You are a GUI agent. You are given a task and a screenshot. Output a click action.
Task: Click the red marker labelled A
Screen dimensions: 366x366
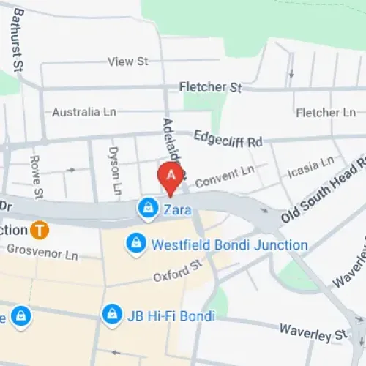(171, 176)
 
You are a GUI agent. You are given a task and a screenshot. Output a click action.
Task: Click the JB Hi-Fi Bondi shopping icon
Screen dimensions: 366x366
(111, 315)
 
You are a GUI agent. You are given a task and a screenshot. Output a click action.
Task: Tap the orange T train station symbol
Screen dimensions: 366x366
(40, 230)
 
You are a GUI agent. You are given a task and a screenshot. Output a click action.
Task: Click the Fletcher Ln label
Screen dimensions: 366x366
(326, 113)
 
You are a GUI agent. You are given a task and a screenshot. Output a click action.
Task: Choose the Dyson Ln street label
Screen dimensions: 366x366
(114, 173)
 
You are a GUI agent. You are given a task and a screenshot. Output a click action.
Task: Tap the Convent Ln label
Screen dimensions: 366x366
(224, 175)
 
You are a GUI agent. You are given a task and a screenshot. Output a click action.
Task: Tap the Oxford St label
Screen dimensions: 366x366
(177, 274)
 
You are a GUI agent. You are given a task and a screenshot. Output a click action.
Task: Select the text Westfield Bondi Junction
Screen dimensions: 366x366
(229, 245)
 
